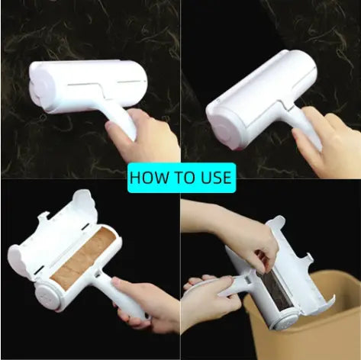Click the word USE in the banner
pos(216,178)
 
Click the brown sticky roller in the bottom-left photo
pos(84,259)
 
